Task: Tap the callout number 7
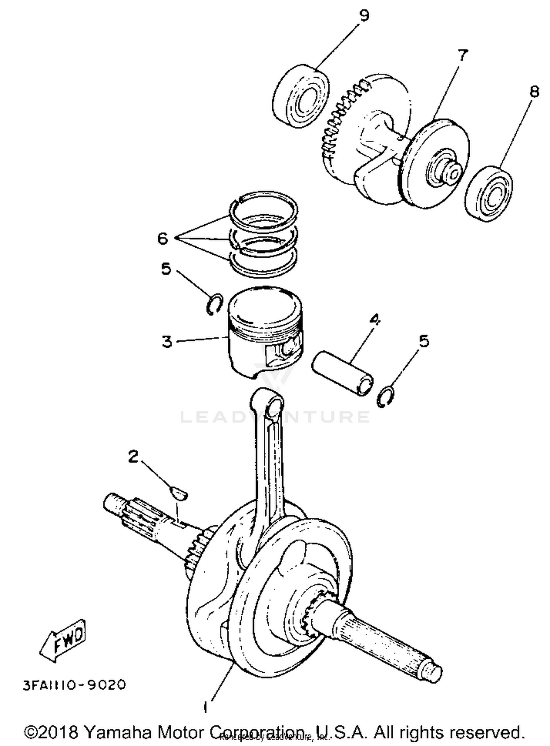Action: point(463,56)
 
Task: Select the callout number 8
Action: point(535,91)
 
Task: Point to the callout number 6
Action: point(163,239)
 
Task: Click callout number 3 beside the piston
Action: point(167,341)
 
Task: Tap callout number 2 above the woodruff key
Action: point(133,456)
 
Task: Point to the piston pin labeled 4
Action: point(343,373)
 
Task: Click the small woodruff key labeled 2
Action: point(179,493)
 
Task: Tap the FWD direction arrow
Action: point(63,640)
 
